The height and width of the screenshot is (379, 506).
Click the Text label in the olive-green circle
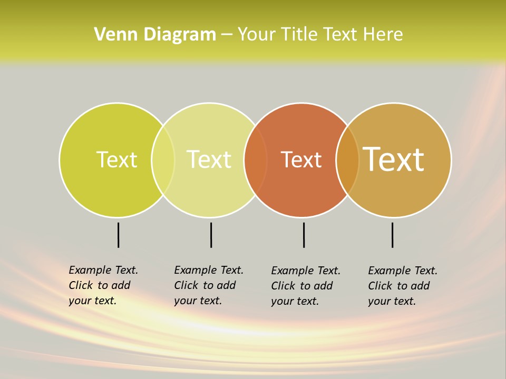(x=116, y=159)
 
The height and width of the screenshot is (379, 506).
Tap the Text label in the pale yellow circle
(x=209, y=159)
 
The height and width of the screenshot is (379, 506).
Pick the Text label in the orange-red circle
(x=301, y=160)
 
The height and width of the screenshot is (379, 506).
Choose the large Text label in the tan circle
(x=394, y=159)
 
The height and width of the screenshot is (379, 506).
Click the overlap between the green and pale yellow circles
(x=163, y=160)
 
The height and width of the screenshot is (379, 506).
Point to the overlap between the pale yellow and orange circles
(x=256, y=160)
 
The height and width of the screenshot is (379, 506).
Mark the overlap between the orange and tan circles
(x=347, y=160)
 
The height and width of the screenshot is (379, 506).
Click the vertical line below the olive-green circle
(x=118, y=235)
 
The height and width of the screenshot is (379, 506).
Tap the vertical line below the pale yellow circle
(x=211, y=235)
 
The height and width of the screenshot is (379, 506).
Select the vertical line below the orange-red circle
(x=304, y=235)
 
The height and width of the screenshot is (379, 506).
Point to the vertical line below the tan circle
(x=392, y=235)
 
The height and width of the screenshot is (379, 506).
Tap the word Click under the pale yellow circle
(x=186, y=285)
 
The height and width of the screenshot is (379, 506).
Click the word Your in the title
(x=257, y=35)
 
